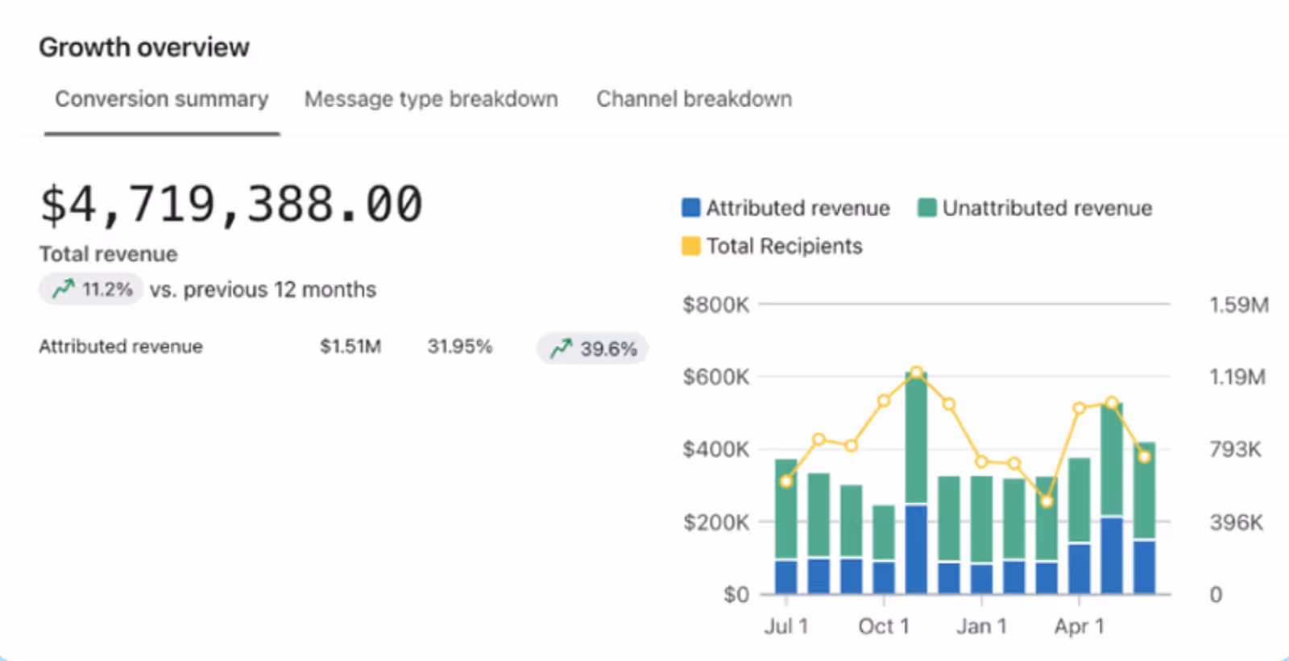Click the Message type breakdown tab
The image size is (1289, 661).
coord(431,99)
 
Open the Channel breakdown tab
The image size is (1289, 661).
coord(694,99)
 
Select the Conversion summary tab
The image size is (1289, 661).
coord(161,99)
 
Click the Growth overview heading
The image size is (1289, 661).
coord(144,48)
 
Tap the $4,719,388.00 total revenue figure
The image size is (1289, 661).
coord(231,203)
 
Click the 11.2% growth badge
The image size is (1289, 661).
coord(91,289)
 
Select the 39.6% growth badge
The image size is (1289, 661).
coord(593,348)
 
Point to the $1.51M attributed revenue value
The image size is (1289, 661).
coord(350,347)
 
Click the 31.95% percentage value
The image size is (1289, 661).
coord(459,347)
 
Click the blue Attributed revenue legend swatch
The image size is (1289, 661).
coord(690,208)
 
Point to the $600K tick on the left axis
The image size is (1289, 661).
coord(715,376)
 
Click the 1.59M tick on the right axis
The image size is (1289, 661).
coord(1238,305)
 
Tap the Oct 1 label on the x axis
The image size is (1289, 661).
coord(884,626)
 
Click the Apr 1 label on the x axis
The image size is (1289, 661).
coord(1079,626)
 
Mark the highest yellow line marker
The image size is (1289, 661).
coord(916,372)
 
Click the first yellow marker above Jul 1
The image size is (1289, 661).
coord(786,481)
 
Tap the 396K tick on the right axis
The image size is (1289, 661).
coord(1236,522)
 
